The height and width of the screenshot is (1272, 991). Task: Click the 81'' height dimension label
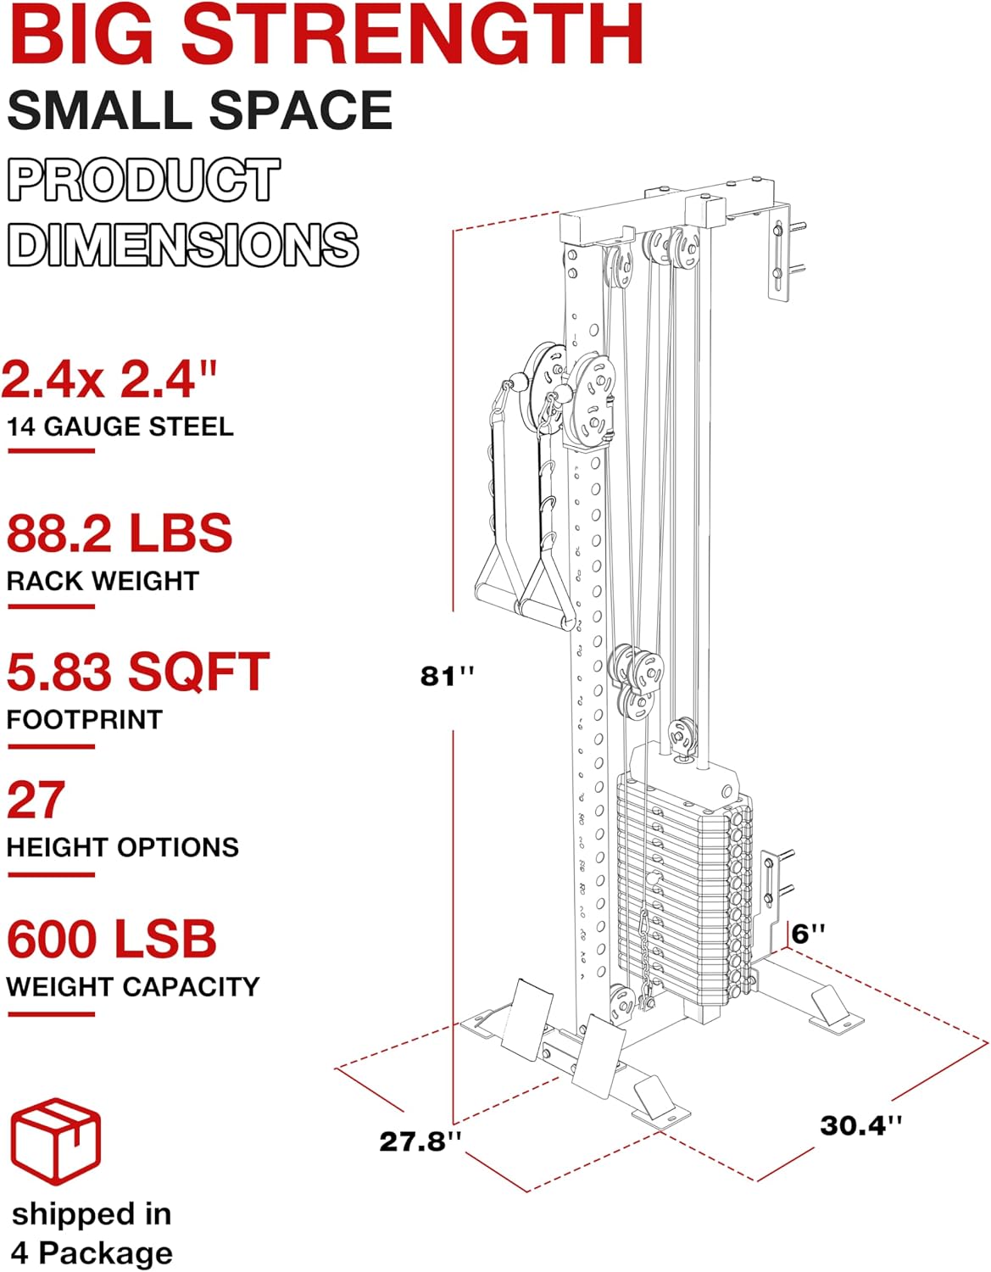coord(447,677)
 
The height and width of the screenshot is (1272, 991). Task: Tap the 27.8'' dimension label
coord(420,1141)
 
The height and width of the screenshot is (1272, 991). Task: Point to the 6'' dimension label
coord(809,934)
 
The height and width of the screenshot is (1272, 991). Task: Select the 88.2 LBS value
coord(120,533)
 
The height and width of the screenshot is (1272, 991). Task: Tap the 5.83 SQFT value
coord(138,672)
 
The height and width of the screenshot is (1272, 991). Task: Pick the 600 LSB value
coord(112,939)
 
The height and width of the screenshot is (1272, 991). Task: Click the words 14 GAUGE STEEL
coord(120,427)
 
